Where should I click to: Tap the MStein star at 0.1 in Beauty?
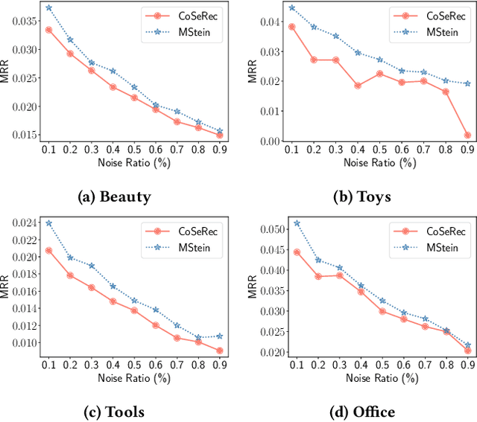click(x=48, y=8)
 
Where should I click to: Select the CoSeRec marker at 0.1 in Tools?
click(x=48, y=251)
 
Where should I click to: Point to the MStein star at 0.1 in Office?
click(x=297, y=223)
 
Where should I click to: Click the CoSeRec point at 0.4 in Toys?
click(x=358, y=86)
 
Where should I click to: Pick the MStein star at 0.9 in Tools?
click(x=220, y=336)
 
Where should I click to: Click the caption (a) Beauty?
click(x=115, y=196)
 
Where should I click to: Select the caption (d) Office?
click(x=361, y=412)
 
